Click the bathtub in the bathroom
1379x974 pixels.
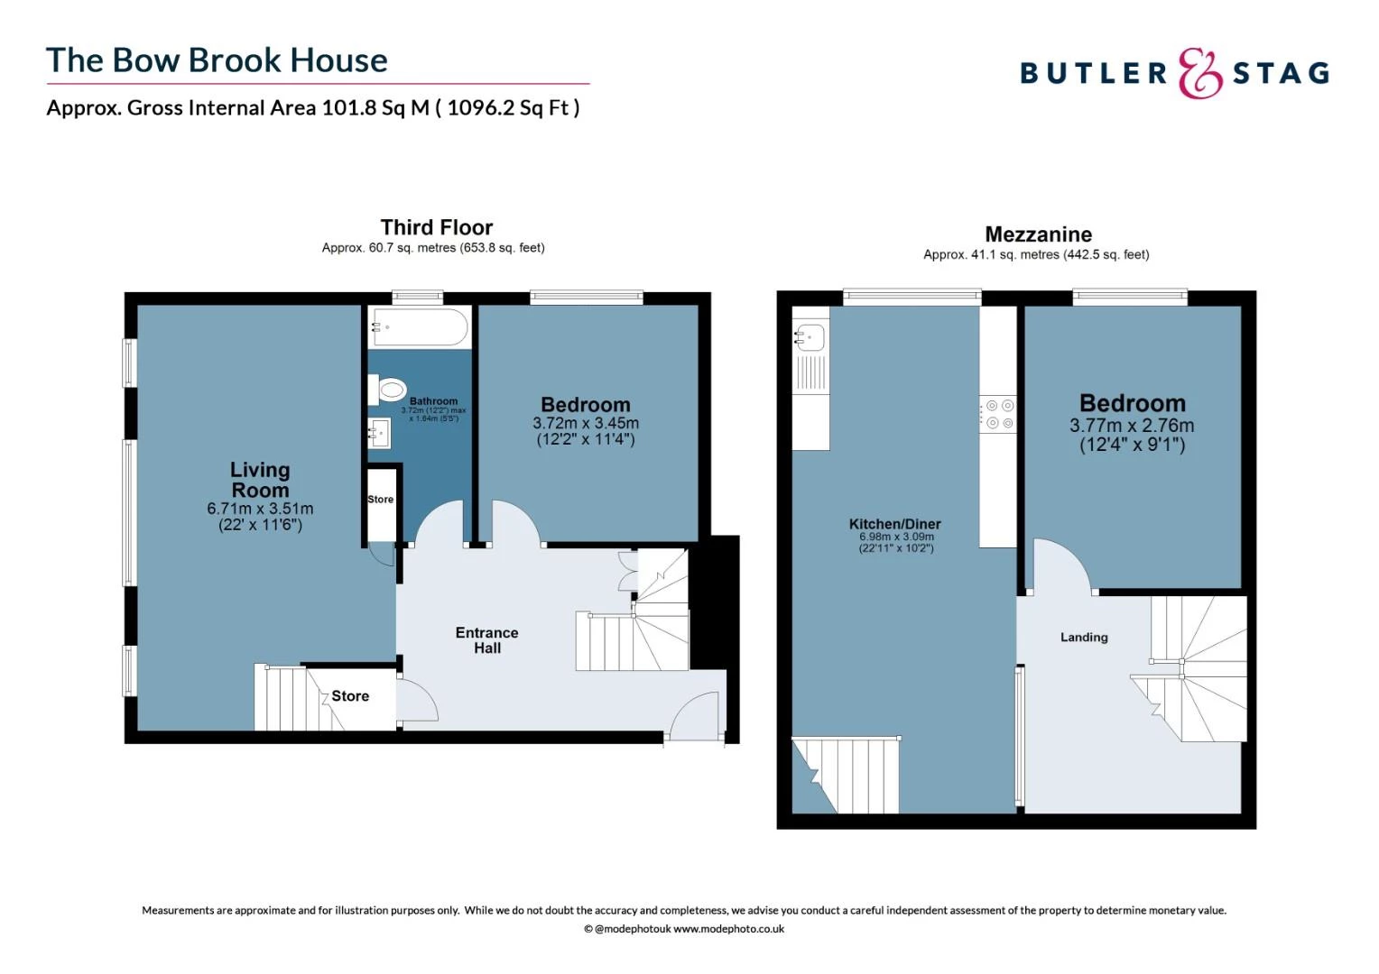tap(419, 327)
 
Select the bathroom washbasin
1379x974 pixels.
tap(379, 434)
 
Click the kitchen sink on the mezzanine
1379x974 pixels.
tap(810, 338)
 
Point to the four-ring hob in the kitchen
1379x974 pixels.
tap(999, 414)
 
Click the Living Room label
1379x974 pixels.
tap(260, 480)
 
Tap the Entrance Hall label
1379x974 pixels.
tap(486, 640)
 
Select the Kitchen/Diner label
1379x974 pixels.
tap(894, 524)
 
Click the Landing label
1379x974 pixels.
tap(1083, 637)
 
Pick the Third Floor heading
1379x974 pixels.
tap(436, 227)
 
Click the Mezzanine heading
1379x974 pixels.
tap(1038, 234)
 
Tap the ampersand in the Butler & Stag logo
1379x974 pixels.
tap(1199, 74)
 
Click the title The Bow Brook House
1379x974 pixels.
tap(217, 60)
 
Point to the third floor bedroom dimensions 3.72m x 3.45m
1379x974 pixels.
tap(585, 423)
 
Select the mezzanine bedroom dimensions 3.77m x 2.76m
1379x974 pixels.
tap(1132, 426)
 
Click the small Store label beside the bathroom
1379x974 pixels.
tap(380, 500)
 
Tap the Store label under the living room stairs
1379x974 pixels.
tap(350, 696)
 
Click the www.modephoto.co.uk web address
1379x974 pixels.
tap(728, 929)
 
